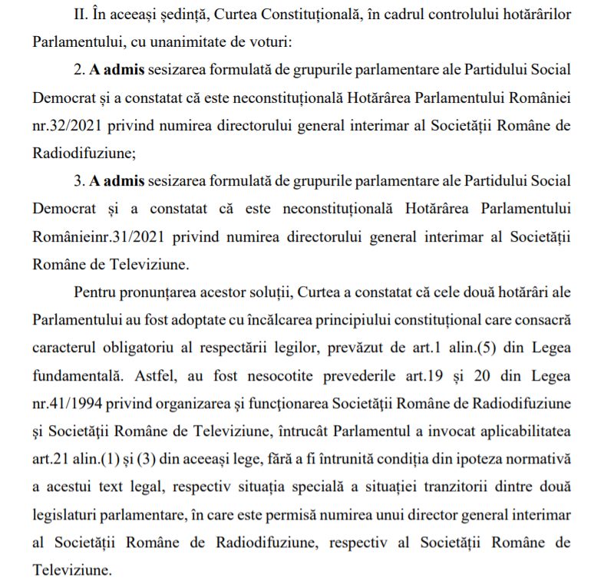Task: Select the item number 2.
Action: coord(79,69)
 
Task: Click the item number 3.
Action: coord(79,180)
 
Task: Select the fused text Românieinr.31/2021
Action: coord(95,236)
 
